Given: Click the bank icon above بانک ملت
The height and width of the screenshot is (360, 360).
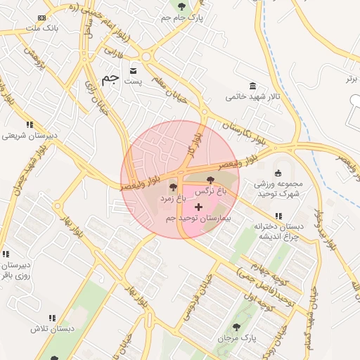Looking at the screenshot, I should coord(42,18).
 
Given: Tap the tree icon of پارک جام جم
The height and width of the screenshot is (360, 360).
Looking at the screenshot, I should coord(182,7).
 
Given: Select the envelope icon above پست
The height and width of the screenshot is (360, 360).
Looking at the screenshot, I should coord(134,71).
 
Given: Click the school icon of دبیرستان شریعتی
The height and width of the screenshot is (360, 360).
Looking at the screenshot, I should coord(30,125).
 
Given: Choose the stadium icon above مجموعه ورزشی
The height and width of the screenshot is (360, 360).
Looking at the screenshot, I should coord(278,173).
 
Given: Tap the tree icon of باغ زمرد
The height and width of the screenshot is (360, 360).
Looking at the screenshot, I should coord(173,188).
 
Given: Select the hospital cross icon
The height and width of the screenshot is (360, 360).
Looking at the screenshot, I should coord(198,207).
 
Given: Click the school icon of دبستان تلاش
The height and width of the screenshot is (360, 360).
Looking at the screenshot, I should coord(52,318).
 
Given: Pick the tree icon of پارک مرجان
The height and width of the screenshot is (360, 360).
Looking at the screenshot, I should coord(236,327).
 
